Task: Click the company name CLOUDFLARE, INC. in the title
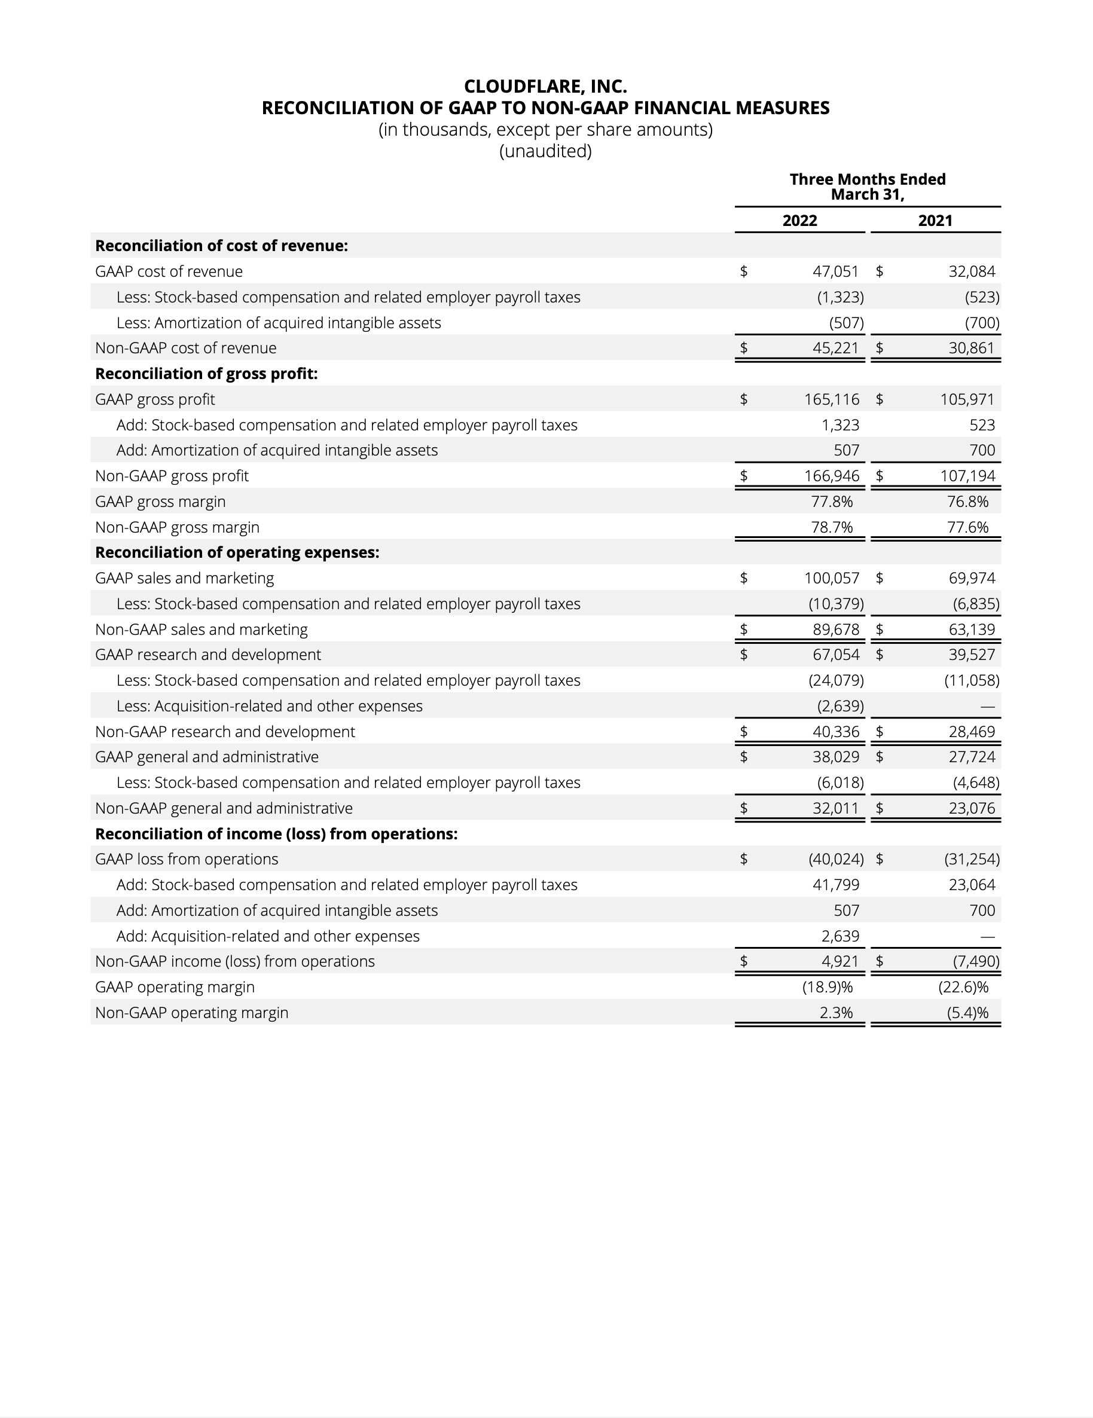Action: pyautogui.click(x=545, y=86)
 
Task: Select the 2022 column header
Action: pyautogui.click(x=799, y=221)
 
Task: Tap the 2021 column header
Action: pyautogui.click(x=935, y=221)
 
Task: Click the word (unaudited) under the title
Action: pyautogui.click(x=545, y=151)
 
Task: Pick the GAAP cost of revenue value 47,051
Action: pyautogui.click(x=835, y=271)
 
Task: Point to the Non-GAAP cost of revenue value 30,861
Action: pyautogui.click(x=972, y=348)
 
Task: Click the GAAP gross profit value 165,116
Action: pyautogui.click(x=831, y=399)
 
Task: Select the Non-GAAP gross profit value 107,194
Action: pyautogui.click(x=967, y=476)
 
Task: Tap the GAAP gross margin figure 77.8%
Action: pyautogui.click(x=832, y=502)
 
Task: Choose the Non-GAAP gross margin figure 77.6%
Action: pyautogui.click(x=967, y=527)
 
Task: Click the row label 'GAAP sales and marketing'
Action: pyautogui.click(x=184, y=578)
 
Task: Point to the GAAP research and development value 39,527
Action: pyautogui.click(x=972, y=655)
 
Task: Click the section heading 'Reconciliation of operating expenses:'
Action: pyautogui.click(x=237, y=552)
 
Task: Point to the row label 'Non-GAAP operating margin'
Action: pyautogui.click(x=191, y=1013)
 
